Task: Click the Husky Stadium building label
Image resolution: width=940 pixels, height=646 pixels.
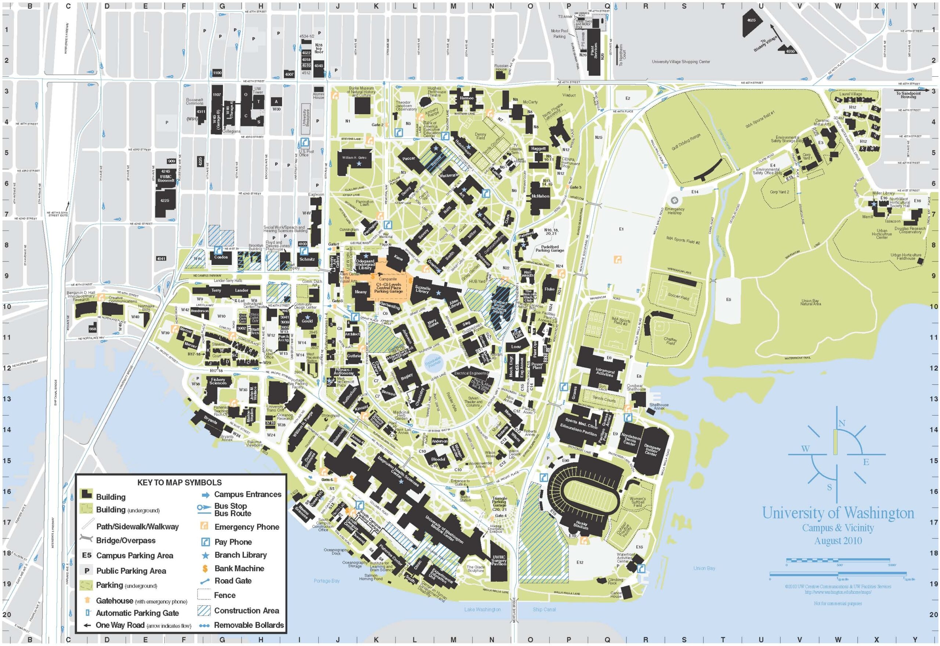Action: pos(581,525)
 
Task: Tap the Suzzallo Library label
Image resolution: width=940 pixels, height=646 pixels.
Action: pos(422,289)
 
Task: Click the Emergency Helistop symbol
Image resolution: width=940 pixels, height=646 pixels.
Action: pos(674,200)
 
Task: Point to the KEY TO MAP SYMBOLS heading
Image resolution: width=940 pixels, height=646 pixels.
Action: pos(179,482)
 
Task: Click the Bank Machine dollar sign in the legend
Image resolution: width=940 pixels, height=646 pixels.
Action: pos(205,569)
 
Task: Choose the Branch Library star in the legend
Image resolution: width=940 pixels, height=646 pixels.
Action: pos(205,555)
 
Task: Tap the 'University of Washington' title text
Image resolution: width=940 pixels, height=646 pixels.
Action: pos(838,513)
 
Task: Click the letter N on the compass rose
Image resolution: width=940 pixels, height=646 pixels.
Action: pos(842,423)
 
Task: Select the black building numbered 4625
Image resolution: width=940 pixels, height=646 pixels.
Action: pos(751,21)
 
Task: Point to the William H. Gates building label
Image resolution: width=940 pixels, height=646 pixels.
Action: pos(354,157)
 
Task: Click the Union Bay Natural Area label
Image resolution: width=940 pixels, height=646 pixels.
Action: pos(810,302)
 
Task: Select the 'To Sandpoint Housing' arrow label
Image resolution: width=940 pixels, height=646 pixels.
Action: pos(908,95)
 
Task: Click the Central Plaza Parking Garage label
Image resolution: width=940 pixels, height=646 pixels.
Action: pos(388,288)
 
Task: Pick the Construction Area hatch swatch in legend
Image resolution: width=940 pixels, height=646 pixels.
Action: pos(205,610)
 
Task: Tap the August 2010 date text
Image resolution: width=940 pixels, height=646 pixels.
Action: pos(838,541)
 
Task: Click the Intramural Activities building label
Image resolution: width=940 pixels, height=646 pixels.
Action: pos(605,373)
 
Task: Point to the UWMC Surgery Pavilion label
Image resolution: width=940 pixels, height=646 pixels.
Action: pos(499,561)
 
